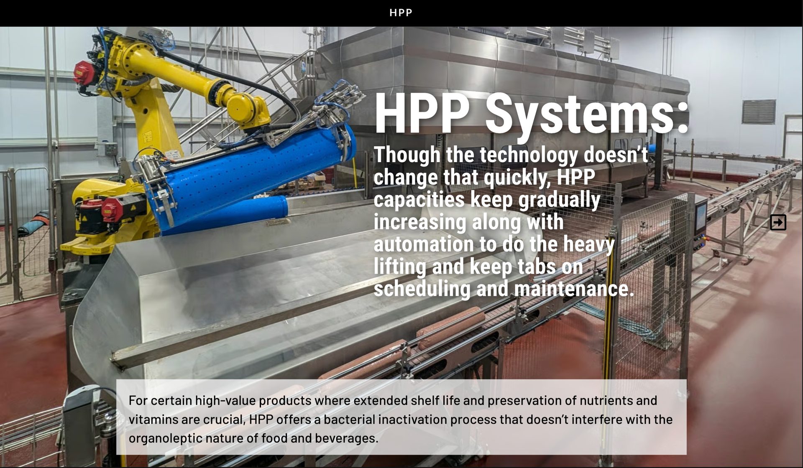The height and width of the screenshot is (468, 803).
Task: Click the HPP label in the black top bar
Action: click(x=401, y=13)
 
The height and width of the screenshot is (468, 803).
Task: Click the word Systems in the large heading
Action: click(x=586, y=113)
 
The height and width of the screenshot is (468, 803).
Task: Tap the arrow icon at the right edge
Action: click(x=778, y=222)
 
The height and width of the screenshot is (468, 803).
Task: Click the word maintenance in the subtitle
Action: click(x=574, y=289)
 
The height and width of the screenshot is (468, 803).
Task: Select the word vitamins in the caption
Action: click(x=153, y=420)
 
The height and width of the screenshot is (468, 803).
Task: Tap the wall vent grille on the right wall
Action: click(x=759, y=112)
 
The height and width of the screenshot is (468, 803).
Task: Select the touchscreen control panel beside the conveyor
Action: click(x=701, y=218)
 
